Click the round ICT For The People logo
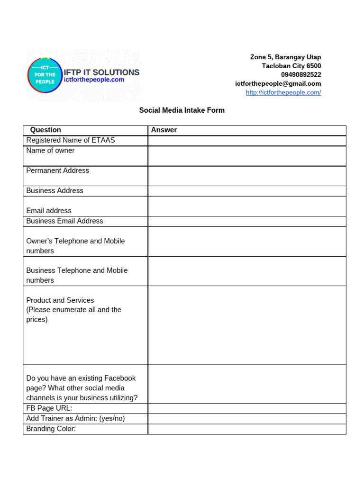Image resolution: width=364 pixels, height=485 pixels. pos(45,75)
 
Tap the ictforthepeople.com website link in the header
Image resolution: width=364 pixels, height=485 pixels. pos(283,92)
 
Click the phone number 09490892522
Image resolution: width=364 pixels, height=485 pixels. pos(300,75)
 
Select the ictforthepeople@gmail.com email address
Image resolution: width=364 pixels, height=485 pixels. pos(278,83)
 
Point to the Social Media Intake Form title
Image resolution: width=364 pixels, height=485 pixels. pos(182,110)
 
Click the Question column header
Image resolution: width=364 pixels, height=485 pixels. pos(45,130)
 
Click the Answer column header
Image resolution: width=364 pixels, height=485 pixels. pos(164,130)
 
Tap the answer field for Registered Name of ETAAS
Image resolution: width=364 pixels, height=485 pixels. pos(246,141)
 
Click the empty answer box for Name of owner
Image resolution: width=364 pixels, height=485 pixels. pos(246,156)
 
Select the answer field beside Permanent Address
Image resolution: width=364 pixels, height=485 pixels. pos(246,176)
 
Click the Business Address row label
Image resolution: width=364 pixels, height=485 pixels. pos(55,191)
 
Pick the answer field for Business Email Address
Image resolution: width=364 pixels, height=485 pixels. pos(246,221)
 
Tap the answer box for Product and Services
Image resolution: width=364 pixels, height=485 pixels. pos(246,325)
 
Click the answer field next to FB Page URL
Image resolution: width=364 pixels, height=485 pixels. pos(246,409)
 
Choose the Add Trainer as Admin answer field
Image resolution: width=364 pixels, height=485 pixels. pos(246,419)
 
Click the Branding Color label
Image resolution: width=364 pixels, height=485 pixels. pos(51,429)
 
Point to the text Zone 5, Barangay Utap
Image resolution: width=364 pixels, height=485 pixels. pos(285,57)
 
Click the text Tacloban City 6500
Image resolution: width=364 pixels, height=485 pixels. pos(291,66)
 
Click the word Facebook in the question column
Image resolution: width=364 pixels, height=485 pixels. pos(119,378)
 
